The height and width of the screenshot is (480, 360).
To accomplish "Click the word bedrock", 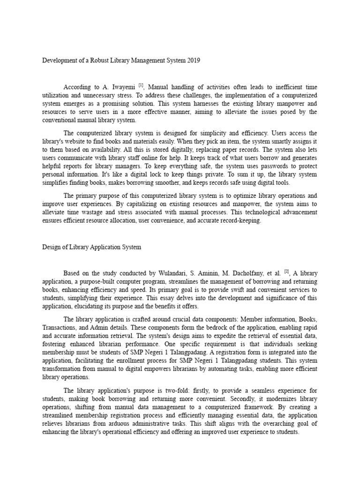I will click(177, 327).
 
